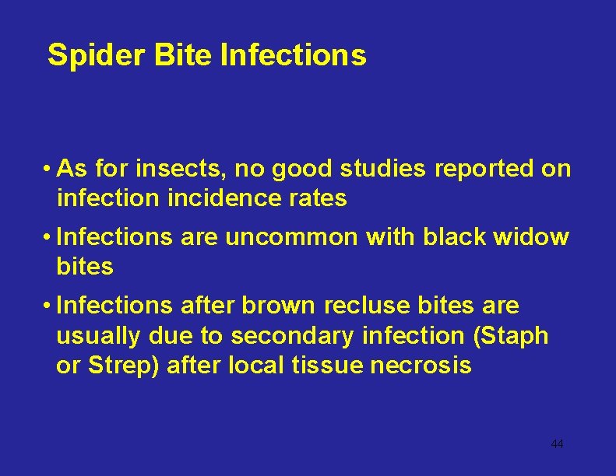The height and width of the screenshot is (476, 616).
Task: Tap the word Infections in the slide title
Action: click(294, 55)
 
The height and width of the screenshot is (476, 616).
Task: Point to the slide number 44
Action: click(557, 443)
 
